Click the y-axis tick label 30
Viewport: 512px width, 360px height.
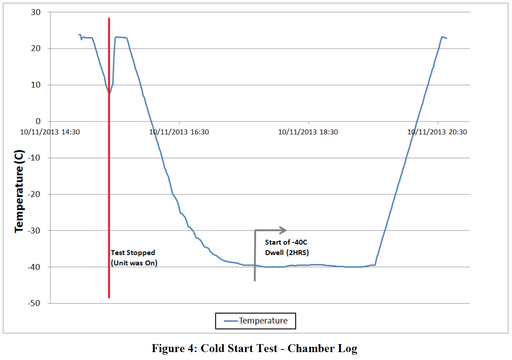36,12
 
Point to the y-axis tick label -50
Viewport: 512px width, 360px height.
34,303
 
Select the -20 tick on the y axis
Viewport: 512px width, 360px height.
34,194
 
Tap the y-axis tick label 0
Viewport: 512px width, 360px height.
38,122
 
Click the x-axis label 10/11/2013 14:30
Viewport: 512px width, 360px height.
50,132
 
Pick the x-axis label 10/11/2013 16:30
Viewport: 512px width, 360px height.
179,132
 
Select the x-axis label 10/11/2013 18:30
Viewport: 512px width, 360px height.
308,132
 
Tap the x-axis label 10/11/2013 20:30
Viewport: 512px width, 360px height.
437,132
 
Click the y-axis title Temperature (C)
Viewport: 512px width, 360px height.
19,191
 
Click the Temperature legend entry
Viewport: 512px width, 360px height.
263,321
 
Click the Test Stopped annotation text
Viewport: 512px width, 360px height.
133,253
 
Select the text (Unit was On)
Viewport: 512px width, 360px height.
134,263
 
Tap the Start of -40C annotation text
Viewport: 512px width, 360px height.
286,242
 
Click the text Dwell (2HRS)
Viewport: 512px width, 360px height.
287,253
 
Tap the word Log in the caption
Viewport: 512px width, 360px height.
347,348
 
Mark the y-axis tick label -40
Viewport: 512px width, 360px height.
34,267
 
